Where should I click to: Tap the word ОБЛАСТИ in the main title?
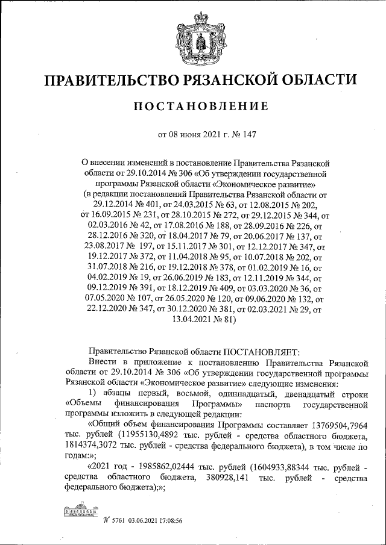click(x=315, y=81)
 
